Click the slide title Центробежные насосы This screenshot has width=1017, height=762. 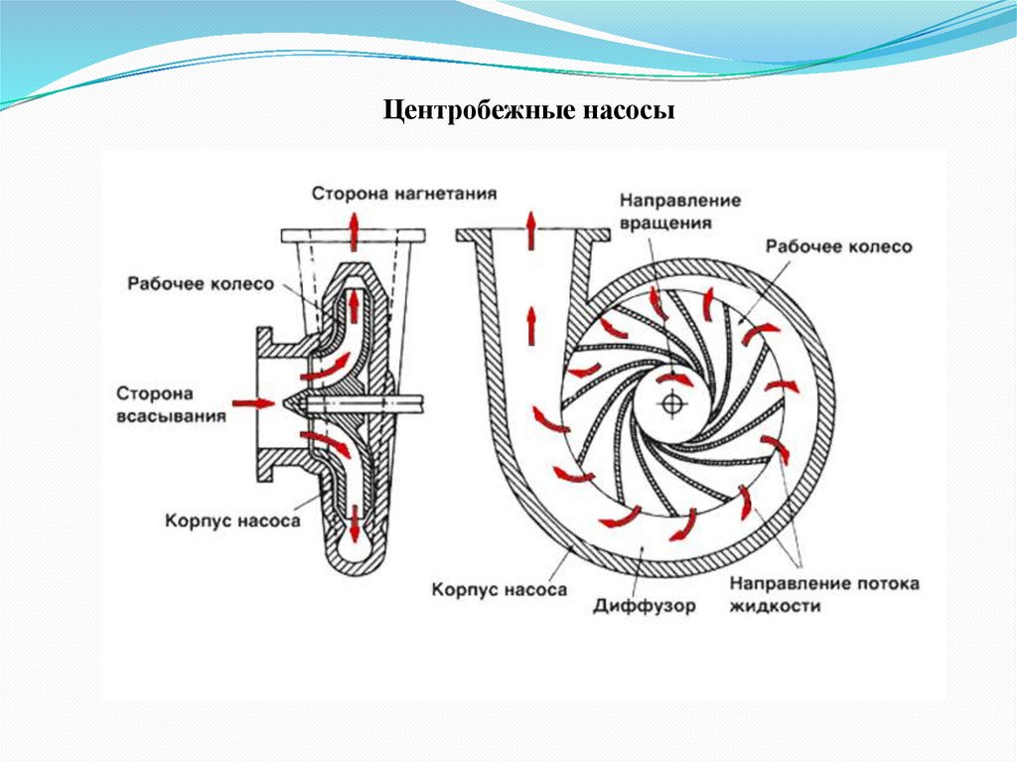coord(529,108)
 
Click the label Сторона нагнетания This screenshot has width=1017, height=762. coord(403,191)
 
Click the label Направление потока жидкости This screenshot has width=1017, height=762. coord(823,593)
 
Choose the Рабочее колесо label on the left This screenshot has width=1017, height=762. coord(200,283)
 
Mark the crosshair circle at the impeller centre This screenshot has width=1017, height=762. coord(672,403)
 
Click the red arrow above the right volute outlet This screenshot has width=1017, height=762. coord(532,228)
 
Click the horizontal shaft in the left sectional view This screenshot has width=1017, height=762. coord(363,403)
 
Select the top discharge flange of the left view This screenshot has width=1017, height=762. coord(354,236)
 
